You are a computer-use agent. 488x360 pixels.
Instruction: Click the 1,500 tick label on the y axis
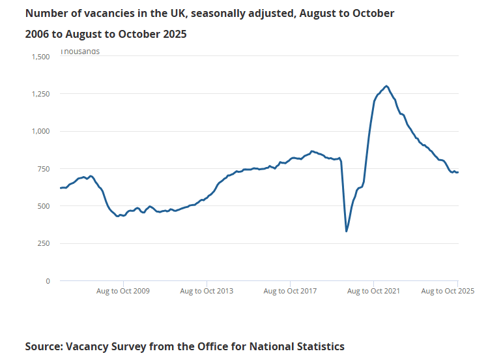pyautogui.click(x=40, y=57)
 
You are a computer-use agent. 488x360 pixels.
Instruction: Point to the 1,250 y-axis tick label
pyautogui.click(x=40, y=94)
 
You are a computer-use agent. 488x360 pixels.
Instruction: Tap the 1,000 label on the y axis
pyautogui.click(x=40, y=131)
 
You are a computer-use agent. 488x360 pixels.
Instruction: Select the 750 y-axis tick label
pyautogui.click(x=44, y=169)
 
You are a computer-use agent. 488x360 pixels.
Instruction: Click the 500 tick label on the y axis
pyautogui.click(x=44, y=206)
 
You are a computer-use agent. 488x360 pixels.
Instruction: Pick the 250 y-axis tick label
pyautogui.click(x=44, y=243)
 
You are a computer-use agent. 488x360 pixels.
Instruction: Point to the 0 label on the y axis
pyautogui.click(x=48, y=281)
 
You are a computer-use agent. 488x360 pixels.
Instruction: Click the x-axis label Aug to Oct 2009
pyautogui.click(x=122, y=291)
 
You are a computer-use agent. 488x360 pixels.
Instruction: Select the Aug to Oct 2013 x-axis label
pyautogui.click(x=207, y=291)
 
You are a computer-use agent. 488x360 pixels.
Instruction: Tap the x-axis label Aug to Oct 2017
pyautogui.click(x=290, y=291)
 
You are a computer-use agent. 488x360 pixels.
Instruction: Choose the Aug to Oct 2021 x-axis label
pyautogui.click(x=373, y=291)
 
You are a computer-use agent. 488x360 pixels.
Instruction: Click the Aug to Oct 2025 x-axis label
pyautogui.click(x=447, y=291)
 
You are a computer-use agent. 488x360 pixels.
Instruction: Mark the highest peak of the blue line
pyautogui.click(x=387, y=85)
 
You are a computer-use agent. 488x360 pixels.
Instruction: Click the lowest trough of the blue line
pyautogui.click(x=347, y=231)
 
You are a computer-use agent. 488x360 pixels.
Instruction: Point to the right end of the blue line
pyautogui.click(x=458, y=172)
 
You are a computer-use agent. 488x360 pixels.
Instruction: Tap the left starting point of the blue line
pyautogui.click(x=60, y=188)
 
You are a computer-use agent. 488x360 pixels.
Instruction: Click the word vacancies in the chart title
pyautogui.click(x=103, y=13)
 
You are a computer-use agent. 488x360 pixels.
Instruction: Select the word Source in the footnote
pyautogui.click(x=43, y=346)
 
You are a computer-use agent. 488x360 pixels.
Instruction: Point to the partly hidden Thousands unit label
pyautogui.click(x=80, y=51)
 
